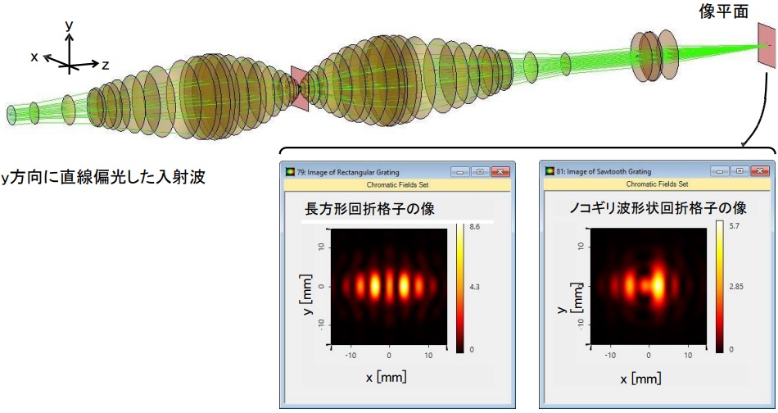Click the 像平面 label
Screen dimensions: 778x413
(723, 11)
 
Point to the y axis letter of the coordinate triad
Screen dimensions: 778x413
(69, 25)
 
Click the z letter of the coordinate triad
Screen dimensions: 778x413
(105, 65)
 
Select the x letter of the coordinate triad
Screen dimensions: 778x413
(34, 57)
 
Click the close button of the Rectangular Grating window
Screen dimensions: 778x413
(500, 172)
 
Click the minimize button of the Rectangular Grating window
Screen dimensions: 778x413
(460, 172)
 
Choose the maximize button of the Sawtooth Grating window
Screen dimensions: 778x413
(740, 170)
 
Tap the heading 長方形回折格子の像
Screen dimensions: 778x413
(369, 209)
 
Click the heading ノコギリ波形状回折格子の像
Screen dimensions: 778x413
(658, 207)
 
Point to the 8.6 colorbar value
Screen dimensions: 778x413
(474, 227)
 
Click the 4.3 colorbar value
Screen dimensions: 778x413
(474, 287)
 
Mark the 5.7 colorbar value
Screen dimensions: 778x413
(735, 226)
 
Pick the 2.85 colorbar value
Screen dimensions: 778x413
(736, 287)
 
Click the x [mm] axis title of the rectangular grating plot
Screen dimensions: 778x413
(386, 377)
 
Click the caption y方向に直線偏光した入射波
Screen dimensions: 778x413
(103, 177)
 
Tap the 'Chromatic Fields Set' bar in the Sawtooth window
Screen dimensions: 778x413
(657, 184)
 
